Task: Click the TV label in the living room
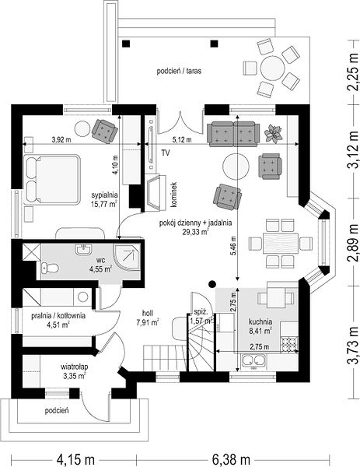pyautogui.click(x=166, y=153)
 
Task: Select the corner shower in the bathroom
pyautogui.click(x=127, y=257)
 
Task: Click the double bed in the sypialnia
pyautogui.click(x=52, y=180)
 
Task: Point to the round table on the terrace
pyautogui.click(x=272, y=68)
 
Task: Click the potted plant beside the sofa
pyautogui.click(x=273, y=133)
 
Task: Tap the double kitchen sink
pyautogui.click(x=253, y=360)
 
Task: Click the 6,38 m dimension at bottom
pyautogui.click(x=231, y=459)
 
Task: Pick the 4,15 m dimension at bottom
pyautogui.click(x=75, y=459)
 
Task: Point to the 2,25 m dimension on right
pyautogui.click(x=353, y=72)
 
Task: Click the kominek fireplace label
pyautogui.click(x=174, y=195)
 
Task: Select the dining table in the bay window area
pyautogui.click(x=281, y=243)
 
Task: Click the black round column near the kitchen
pyautogui.click(x=211, y=284)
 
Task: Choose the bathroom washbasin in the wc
pyautogui.click(x=85, y=250)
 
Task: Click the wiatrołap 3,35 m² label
pyautogui.click(x=75, y=371)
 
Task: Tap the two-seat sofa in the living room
pyautogui.click(x=233, y=134)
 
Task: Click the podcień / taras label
pyautogui.click(x=179, y=71)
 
